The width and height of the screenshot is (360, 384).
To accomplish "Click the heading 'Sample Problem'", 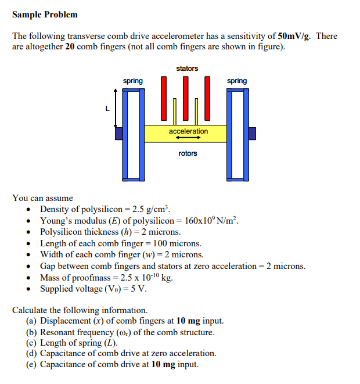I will click(x=45, y=15).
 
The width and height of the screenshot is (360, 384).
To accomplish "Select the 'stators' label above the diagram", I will click(x=187, y=69).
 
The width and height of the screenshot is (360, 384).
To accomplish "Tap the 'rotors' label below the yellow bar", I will click(x=188, y=153).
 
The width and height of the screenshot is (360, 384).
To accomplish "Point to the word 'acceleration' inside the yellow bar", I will click(x=188, y=131).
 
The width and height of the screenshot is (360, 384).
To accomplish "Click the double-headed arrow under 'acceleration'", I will click(x=188, y=138).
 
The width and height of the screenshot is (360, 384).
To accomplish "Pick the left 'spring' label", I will click(x=132, y=81).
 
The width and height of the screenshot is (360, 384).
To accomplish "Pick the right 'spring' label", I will click(x=237, y=81).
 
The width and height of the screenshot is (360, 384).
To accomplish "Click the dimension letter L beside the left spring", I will click(x=106, y=107).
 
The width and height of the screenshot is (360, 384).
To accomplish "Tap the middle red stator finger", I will click(x=186, y=99).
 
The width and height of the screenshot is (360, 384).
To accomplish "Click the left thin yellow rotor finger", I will click(x=175, y=112).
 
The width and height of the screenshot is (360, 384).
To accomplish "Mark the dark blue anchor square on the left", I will click(x=118, y=134).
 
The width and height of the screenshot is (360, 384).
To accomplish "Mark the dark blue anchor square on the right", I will click(x=252, y=134).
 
